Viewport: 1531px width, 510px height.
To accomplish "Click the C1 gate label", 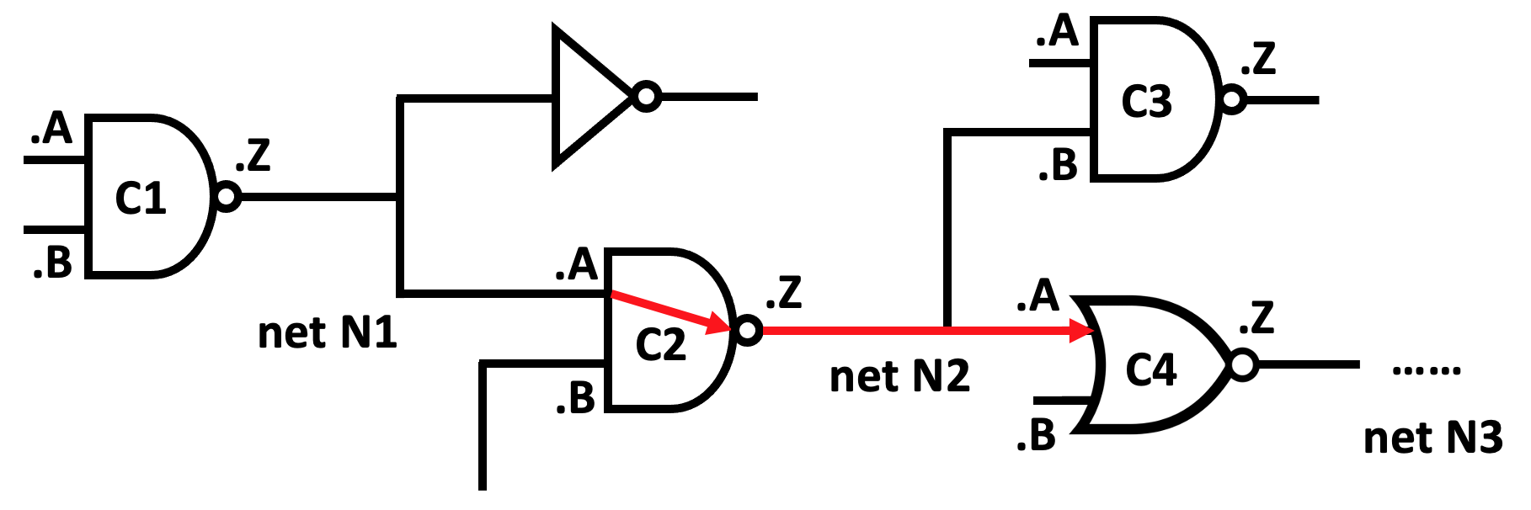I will click(141, 199).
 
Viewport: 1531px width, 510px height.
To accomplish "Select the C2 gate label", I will click(661, 345).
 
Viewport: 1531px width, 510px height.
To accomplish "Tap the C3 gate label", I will click(1146, 102).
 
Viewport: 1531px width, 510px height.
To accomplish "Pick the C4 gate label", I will click(1150, 370).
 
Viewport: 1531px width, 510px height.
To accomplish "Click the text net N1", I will click(327, 333).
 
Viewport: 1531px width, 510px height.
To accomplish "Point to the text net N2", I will click(899, 376).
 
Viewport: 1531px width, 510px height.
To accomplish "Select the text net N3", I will click(1432, 438).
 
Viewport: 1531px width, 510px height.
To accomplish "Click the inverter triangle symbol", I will click(585, 97).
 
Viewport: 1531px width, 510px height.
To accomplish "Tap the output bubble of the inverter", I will click(646, 97).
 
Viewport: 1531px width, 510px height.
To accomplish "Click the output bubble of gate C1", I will click(227, 197).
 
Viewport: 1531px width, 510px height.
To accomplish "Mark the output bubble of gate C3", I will click(1232, 100).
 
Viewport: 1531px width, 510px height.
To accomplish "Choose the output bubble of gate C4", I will click(1243, 365).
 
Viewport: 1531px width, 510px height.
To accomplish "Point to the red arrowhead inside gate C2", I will click(718, 323).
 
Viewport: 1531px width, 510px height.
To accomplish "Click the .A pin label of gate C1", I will click(51, 129).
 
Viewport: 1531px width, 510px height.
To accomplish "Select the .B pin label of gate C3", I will click(1058, 165).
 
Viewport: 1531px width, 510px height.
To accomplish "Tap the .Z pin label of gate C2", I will click(783, 293).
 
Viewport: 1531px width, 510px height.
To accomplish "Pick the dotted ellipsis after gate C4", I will click(1426, 370).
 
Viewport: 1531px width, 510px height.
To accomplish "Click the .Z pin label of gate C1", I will click(253, 156).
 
